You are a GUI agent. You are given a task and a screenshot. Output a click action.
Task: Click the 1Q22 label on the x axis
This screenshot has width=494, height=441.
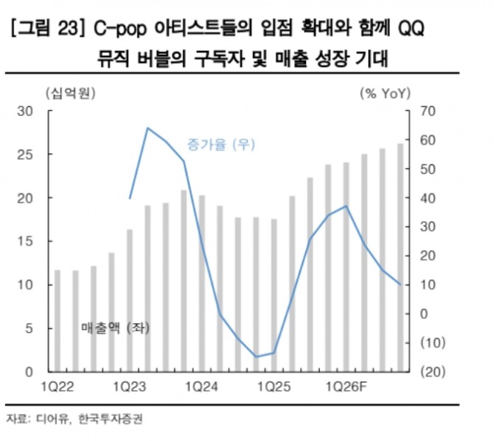(57, 386)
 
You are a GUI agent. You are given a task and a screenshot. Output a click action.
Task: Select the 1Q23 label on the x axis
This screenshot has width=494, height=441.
(129, 386)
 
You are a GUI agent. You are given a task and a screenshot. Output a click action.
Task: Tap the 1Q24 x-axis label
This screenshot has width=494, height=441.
(201, 386)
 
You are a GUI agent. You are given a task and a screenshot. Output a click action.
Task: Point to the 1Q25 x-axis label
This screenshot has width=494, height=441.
(274, 386)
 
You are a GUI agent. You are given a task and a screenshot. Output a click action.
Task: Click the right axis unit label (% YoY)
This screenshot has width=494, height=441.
(385, 93)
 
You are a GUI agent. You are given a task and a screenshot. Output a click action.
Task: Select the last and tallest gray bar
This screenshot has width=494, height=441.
(400, 258)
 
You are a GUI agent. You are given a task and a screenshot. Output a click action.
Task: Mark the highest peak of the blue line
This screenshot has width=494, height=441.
(147, 128)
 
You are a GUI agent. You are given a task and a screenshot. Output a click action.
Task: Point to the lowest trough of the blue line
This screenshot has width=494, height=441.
(256, 357)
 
